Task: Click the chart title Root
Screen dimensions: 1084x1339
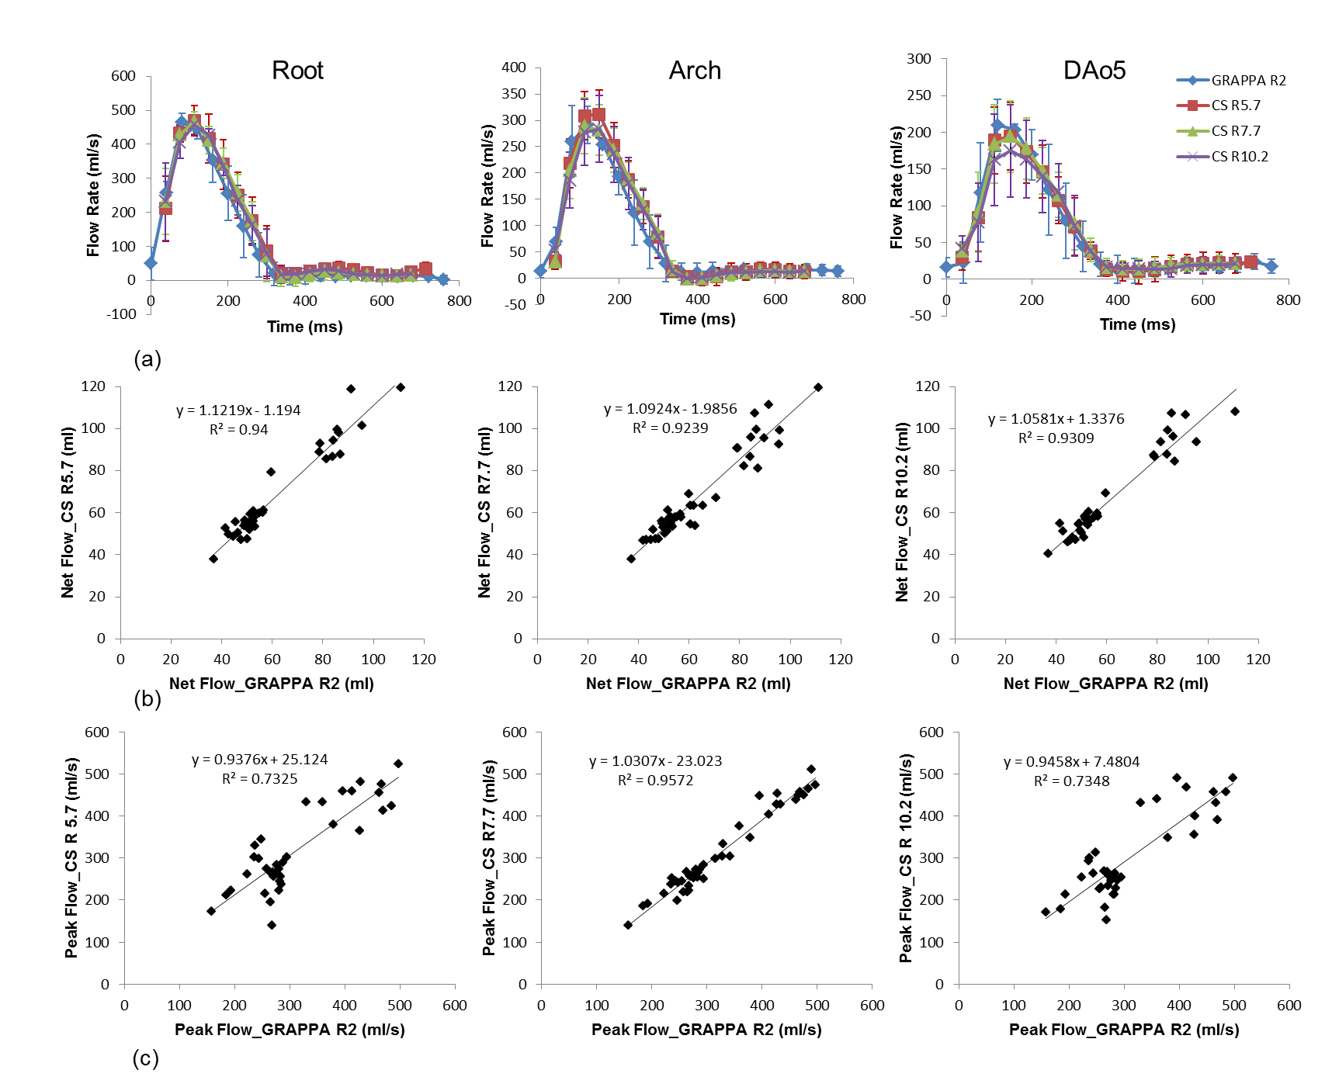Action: pos(297,71)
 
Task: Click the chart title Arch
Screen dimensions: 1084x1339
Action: pos(695,71)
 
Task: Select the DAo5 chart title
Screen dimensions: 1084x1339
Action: pos(1094,71)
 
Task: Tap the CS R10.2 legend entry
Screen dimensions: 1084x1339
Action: pos(1240,157)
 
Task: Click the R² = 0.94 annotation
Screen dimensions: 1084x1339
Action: pos(238,430)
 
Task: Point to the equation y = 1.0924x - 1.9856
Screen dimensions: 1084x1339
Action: pos(670,409)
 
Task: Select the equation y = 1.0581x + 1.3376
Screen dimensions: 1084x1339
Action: pos(1056,419)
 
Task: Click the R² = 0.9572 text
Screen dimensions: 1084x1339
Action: pos(655,781)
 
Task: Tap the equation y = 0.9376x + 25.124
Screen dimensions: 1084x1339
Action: pos(259,760)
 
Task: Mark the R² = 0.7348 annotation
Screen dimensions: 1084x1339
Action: pos(1071,781)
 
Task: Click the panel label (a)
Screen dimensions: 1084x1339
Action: pos(147,359)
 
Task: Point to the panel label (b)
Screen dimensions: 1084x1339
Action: pos(147,699)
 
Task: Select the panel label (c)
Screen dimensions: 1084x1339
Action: pos(146,1058)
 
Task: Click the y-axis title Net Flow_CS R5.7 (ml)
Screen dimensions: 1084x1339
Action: pos(68,512)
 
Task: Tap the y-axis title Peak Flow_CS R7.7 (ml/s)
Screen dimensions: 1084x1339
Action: pos(488,857)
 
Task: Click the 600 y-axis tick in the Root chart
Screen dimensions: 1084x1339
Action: pos(123,76)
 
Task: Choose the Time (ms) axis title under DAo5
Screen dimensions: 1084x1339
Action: pos(1137,324)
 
